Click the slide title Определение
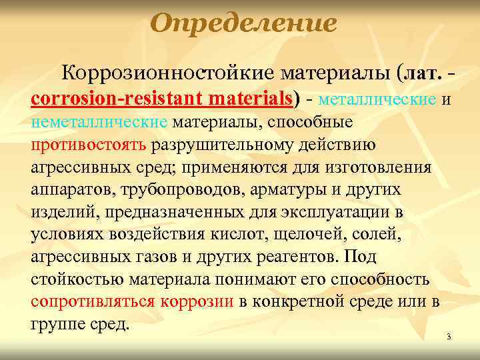(243, 25)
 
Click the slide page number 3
(449, 337)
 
